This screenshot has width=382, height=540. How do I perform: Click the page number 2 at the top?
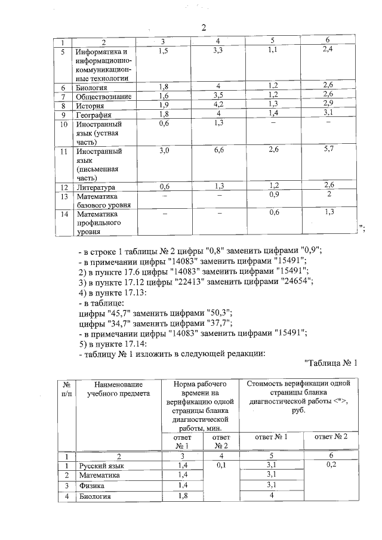pyautogui.click(x=204, y=27)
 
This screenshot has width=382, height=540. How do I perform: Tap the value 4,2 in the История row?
pyautogui.click(x=219, y=105)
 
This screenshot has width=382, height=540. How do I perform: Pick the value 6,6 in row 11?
pyautogui.click(x=219, y=151)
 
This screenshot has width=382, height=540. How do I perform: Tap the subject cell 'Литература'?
pyautogui.click(x=95, y=187)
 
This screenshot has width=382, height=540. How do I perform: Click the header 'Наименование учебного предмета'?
pyautogui.click(x=113, y=388)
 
